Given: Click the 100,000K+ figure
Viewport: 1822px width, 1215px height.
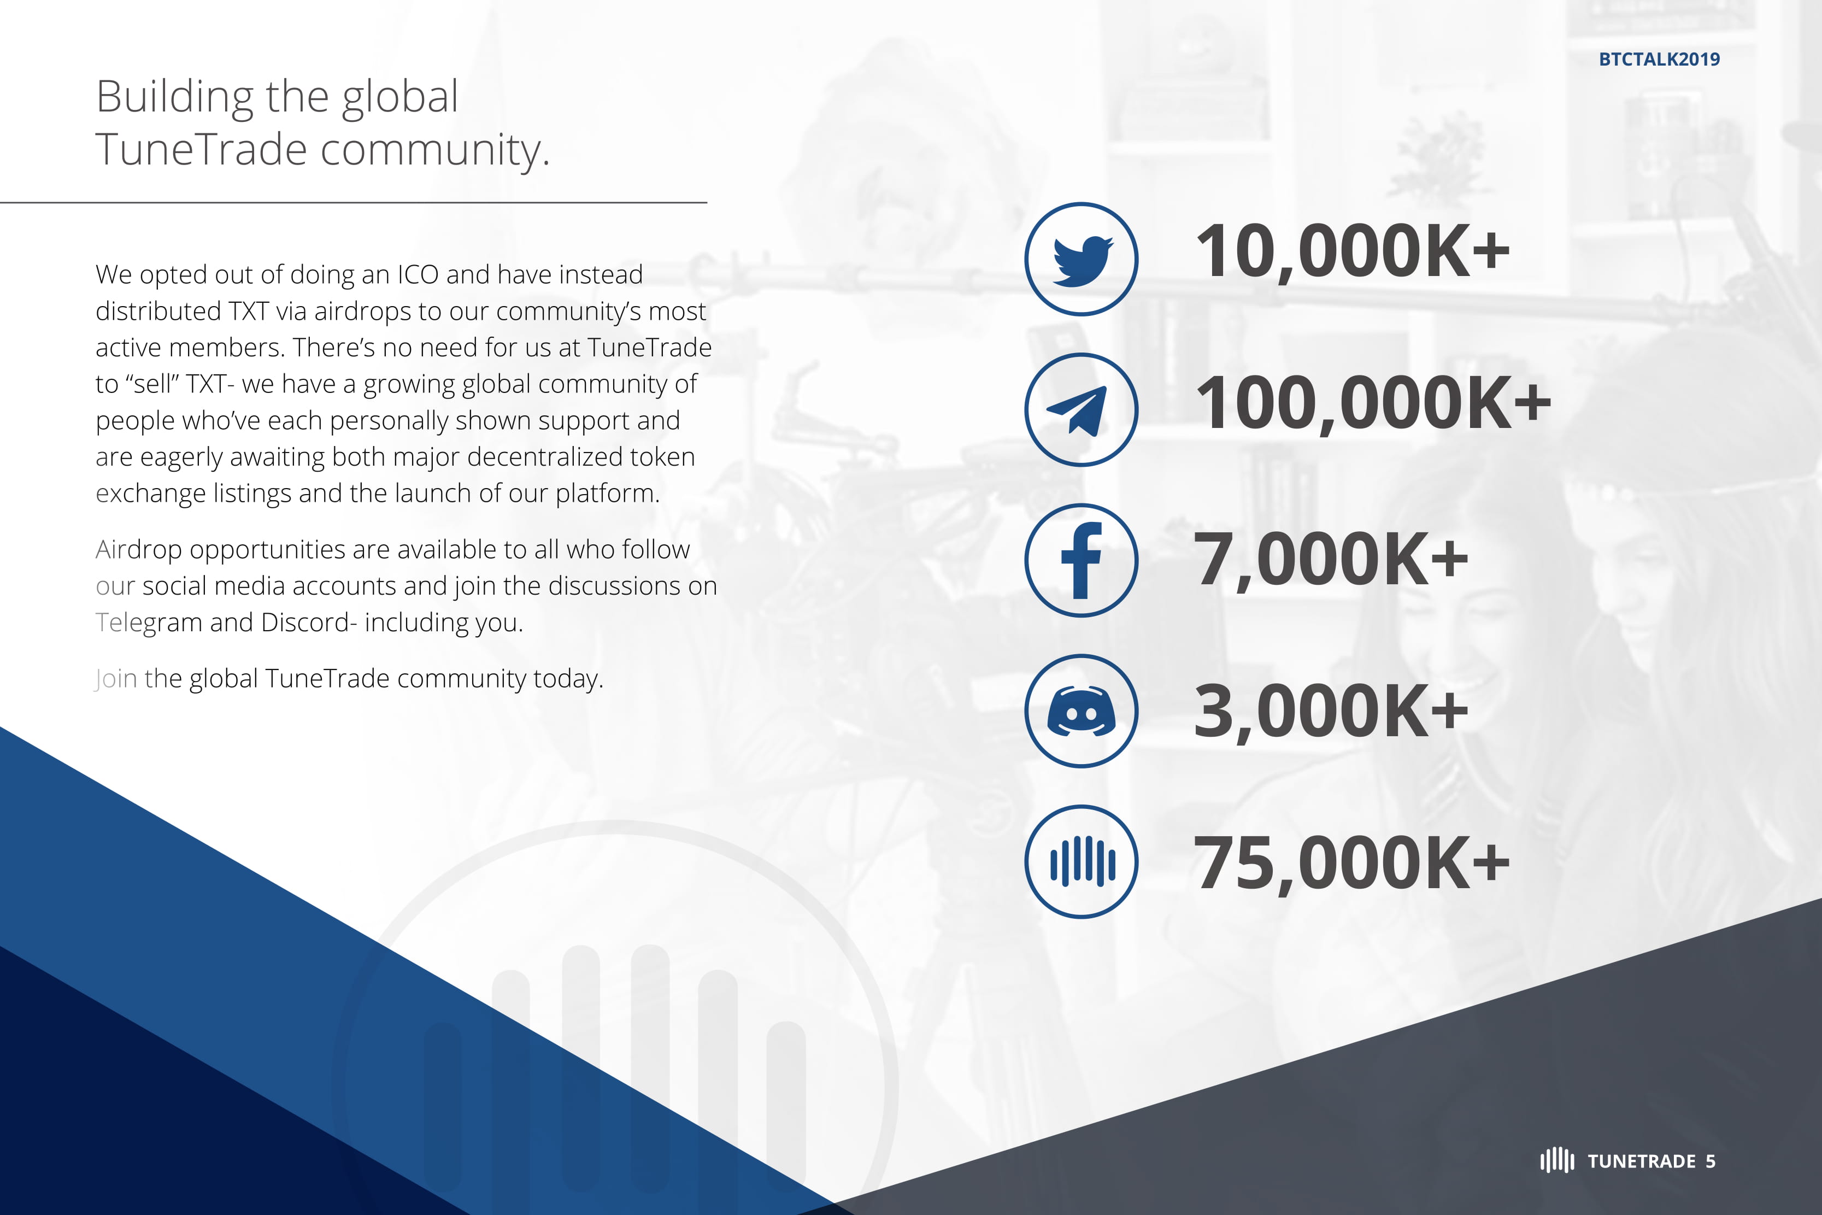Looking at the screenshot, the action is (x=1373, y=403).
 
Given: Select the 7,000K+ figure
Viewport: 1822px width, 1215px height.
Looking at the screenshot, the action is (x=1331, y=560).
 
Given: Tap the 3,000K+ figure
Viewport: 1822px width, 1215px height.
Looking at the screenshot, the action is (x=1331, y=711).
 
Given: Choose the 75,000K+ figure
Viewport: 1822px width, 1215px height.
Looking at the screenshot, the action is (x=1352, y=862).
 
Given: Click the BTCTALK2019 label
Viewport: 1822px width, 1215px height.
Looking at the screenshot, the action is (x=1659, y=60).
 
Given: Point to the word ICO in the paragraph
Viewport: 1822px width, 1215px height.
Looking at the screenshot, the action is (x=418, y=274).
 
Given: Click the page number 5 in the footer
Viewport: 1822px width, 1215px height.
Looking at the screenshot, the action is (x=1711, y=1161).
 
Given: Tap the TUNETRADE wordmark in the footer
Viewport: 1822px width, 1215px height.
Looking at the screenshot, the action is (x=1642, y=1161).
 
